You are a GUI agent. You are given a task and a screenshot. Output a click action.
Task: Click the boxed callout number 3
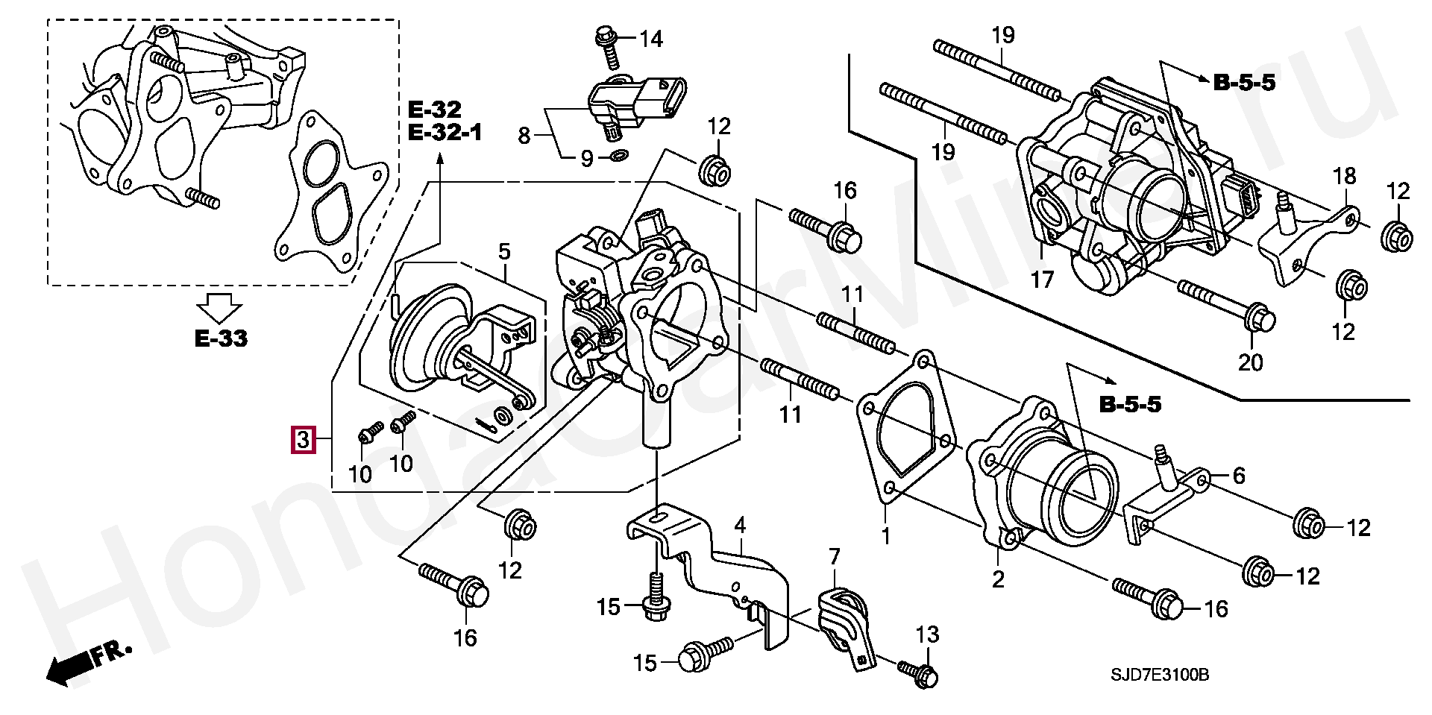(x=303, y=440)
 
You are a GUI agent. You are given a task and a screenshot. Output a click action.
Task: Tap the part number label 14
(x=651, y=38)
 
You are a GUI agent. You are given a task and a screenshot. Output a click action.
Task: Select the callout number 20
(x=1251, y=362)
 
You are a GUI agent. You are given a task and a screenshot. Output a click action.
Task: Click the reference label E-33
(x=221, y=338)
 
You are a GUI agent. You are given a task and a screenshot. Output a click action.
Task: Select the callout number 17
(x=1042, y=280)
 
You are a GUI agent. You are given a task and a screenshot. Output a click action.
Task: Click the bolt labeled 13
(x=918, y=673)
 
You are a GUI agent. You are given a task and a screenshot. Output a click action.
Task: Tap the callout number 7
(x=834, y=556)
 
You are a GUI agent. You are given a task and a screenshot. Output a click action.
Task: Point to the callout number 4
(x=739, y=526)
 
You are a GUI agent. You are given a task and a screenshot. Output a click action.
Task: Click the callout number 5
(x=504, y=251)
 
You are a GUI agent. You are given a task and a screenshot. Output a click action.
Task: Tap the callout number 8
(x=524, y=136)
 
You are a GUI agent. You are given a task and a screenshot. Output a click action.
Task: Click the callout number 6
(x=1238, y=476)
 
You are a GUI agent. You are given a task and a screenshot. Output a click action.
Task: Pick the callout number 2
(x=998, y=579)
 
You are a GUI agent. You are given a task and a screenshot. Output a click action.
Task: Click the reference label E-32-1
(x=445, y=133)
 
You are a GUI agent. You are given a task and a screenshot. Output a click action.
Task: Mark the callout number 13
(x=927, y=635)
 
